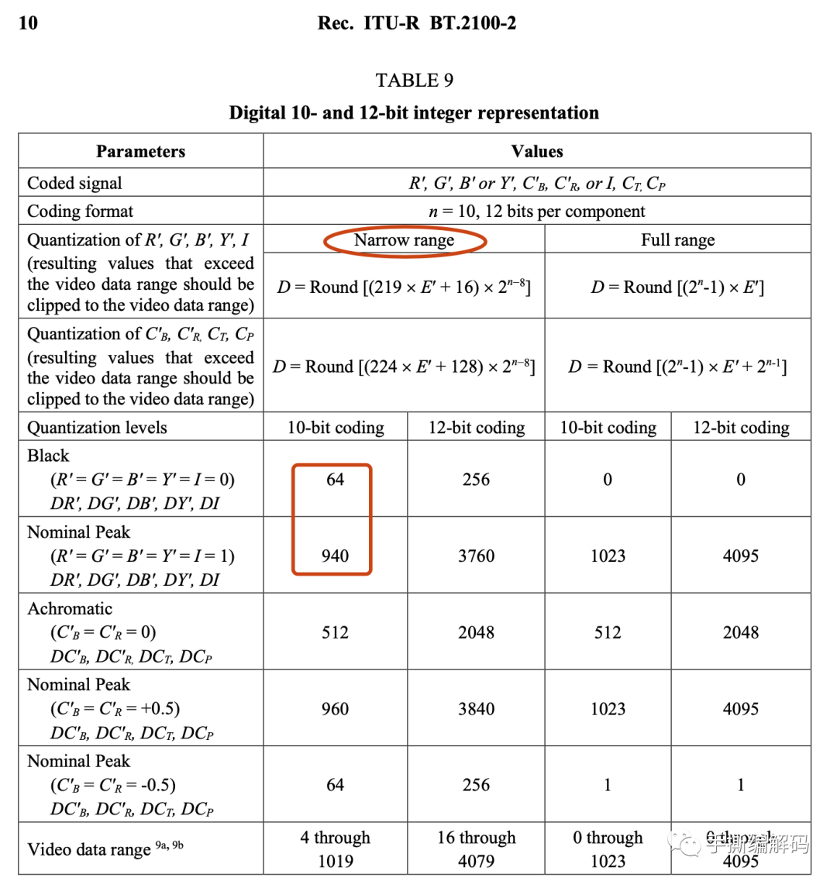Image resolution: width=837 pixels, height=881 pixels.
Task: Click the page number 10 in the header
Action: click(28, 23)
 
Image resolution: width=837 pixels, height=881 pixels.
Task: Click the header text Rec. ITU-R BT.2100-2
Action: click(416, 23)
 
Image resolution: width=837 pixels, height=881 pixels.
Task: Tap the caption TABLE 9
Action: click(414, 81)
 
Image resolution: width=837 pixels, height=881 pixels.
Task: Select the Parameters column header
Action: click(140, 151)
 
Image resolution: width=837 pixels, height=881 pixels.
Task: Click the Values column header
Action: click(536, 151)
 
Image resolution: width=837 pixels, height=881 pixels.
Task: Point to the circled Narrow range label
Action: click(404, 240)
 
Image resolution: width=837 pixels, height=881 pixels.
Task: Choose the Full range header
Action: click(677, 240)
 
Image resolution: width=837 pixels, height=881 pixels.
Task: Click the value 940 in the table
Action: click(335, 556)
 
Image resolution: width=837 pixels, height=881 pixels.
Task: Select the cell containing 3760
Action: click(476, 556)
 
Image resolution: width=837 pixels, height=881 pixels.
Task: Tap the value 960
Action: click(335, 708)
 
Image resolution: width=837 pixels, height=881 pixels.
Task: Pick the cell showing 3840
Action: click(476, 708)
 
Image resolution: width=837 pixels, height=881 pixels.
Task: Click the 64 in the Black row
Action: click(335, 480)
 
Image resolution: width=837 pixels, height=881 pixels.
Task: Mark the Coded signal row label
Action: click(74, 183)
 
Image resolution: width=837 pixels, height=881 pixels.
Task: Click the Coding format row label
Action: click(80, 212)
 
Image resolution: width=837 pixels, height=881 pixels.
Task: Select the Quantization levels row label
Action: click(97, 428)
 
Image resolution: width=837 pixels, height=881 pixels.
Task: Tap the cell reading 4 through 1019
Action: click(335, 849)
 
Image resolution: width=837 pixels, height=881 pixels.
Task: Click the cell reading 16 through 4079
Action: click(476, 849)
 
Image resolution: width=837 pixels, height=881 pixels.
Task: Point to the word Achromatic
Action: click(70, 609)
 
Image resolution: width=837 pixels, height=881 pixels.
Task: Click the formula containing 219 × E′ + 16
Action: click(404, 287)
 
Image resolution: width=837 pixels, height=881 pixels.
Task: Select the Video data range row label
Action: click(88, 849)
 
